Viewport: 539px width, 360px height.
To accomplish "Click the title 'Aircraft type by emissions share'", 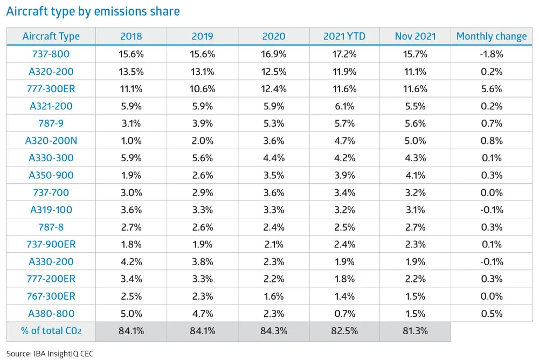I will point(93,11).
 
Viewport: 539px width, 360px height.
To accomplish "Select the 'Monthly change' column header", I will point(491,37).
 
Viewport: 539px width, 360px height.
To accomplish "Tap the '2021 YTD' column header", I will point(344,37).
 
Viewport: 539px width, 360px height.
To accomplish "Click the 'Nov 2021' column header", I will point(415,37).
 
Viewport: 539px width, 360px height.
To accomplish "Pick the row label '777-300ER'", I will point(51,89).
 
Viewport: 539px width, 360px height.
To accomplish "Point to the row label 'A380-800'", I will point(51,314).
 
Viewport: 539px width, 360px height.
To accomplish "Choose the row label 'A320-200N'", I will point(51,141).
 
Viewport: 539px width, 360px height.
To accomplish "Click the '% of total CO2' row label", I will point(51,331).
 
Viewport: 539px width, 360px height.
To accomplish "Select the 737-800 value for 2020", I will point(273,54).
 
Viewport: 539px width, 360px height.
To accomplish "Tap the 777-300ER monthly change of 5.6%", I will point(491,89).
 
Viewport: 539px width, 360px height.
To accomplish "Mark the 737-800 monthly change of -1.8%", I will point(491,54).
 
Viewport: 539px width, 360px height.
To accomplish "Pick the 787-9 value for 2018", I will point(131,123).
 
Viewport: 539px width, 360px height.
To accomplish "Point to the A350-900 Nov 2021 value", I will point(415,175).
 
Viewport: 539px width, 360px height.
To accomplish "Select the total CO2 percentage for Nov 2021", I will point(415,331).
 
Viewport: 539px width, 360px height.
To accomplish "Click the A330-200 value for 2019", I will point(202,262).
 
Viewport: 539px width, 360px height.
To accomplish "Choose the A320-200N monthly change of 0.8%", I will point(491,141).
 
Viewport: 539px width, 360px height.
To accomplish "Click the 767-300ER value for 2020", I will point(273,296).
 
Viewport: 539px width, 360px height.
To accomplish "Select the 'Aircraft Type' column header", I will point(51,37).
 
